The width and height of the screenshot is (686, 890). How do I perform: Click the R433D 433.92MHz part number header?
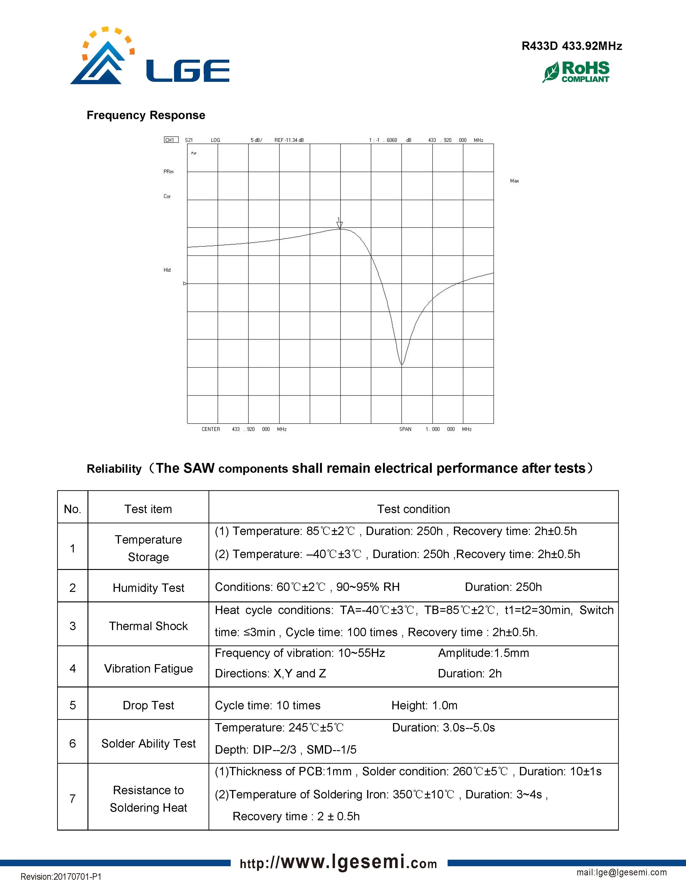tap(571, 46)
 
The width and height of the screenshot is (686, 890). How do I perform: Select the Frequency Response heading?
tap(146, 115)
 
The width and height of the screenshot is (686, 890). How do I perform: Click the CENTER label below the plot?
tap(210, 429)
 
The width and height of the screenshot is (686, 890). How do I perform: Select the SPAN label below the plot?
tap(405, 429)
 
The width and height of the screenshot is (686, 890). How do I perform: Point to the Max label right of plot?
tap(514, 181)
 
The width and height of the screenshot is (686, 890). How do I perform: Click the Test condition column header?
tap(413, 509)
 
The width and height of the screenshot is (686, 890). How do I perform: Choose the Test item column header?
tap(148, 509)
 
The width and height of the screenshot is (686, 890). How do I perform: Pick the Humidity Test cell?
tap(148, 588)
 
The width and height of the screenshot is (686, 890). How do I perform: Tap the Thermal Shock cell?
tap(148, 626)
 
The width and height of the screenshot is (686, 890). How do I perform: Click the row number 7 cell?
tap(73, 799)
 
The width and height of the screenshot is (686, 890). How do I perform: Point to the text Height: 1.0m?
tap(424, 705)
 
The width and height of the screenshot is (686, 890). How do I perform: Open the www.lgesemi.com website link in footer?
tap(338, 863)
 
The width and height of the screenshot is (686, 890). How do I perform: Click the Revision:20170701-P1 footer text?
tap(61, 876)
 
